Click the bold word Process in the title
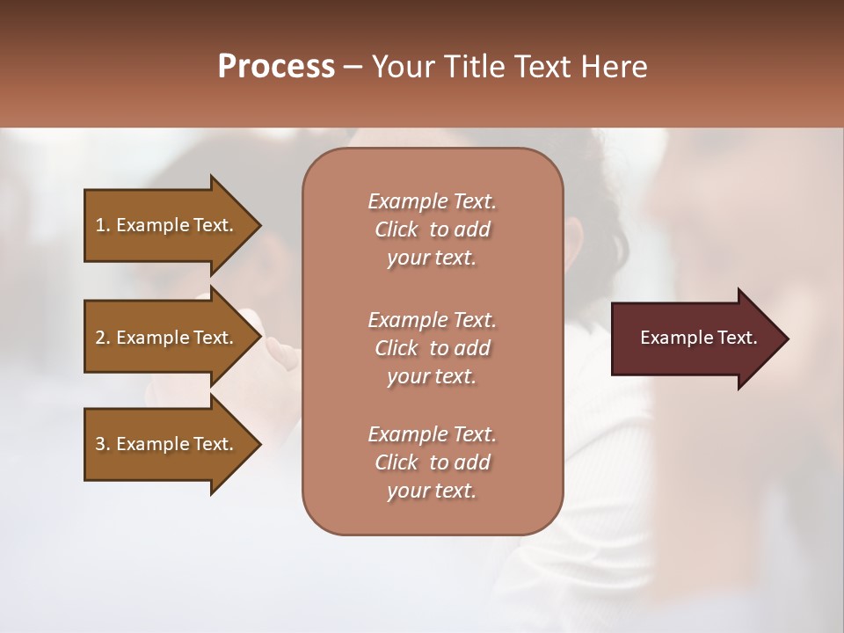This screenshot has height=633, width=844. pos(276,66)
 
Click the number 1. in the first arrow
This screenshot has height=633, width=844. pos(103,225)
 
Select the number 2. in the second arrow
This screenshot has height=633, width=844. pos(103,338)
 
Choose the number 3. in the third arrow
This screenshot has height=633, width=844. pos(103,444)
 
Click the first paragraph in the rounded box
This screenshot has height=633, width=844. pos(432,229)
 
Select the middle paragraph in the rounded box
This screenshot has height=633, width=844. pos(432,348)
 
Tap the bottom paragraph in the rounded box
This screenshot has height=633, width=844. pos(432,462)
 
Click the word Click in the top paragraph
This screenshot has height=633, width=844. pos(397,229)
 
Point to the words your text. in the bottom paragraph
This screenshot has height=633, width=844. pos(432,491)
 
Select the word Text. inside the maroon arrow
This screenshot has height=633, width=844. pos(734,338)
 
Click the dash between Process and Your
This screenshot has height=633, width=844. pos(353,67)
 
